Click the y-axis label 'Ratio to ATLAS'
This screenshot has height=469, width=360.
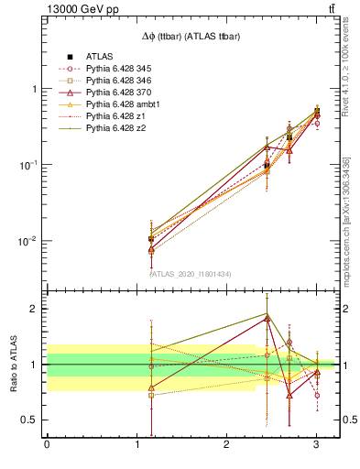click(13, 364)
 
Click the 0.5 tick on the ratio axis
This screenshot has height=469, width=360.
click(29, 420)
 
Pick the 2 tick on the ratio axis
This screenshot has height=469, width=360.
click(34, 309)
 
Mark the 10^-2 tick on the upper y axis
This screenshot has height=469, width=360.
click(27, 241)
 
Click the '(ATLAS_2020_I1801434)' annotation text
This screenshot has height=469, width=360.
click(191, 273)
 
